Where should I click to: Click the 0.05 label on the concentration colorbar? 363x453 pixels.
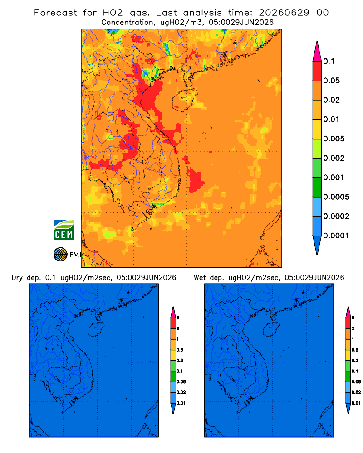(331, 81)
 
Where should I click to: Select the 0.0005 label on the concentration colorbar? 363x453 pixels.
(336, 197)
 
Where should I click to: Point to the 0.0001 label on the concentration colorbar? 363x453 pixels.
(336, 236)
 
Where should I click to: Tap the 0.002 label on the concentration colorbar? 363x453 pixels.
(334, 158)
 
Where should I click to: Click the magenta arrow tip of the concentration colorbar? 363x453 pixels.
(317, 52)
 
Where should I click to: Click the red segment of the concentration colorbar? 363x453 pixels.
(317, 71)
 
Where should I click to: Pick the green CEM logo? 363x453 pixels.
(64, 230)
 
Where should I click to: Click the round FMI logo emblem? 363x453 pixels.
(60, 255)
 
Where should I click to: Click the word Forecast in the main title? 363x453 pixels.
(55, 13)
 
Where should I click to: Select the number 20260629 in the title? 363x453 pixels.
(284, 13)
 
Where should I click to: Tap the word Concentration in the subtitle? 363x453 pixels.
(128, 23)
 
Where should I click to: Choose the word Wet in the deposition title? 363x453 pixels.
(200, 278)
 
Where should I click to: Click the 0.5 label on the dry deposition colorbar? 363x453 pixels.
(180, 350)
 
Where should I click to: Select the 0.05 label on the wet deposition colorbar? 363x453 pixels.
(356, 382)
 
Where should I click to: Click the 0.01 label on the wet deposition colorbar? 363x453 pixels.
(356, 403)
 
